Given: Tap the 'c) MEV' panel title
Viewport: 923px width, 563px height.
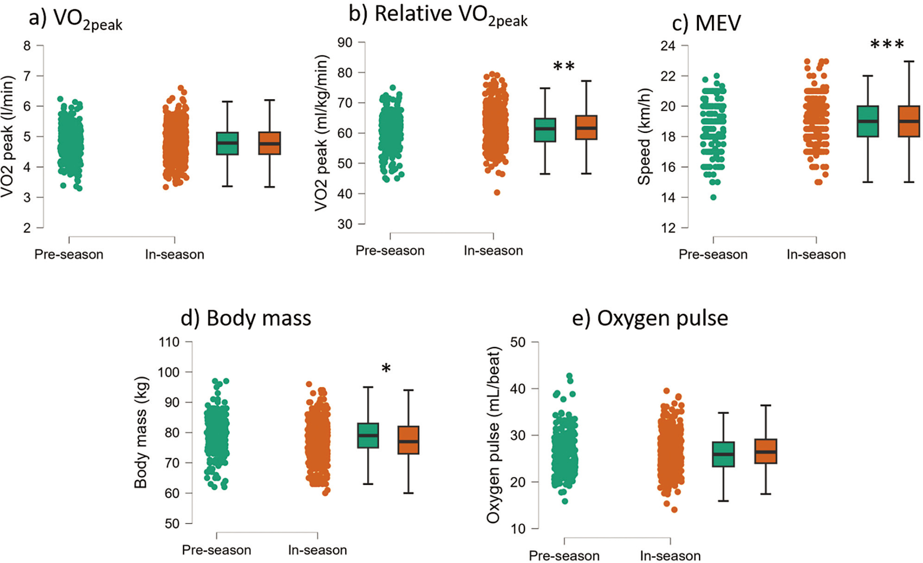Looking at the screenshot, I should [x=706, y=23].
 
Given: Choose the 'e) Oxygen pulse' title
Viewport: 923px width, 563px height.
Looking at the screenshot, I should [x=650, y=318].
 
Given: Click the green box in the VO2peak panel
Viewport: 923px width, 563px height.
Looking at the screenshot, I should [x=227, y=143].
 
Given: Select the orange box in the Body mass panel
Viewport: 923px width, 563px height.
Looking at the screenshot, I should [x=408, y=440].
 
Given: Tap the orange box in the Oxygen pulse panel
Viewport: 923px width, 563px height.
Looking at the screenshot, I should [x=766, y=451].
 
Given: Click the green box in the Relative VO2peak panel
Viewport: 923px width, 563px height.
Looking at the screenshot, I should [x=545, y=130].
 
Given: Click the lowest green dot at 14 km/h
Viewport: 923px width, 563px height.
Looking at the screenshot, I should [x=714, y=197].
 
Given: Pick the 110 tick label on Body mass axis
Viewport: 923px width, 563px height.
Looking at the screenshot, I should [x=169, y=342].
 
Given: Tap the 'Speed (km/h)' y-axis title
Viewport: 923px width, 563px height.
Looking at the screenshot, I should [x=644, y=137].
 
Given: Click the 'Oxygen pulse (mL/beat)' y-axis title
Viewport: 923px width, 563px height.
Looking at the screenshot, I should [x=493, y=435].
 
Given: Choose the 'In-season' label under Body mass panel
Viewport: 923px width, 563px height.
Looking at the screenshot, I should [x=317, y=550].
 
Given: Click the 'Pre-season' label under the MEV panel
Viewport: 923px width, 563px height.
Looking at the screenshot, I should [x=713, y=254].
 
